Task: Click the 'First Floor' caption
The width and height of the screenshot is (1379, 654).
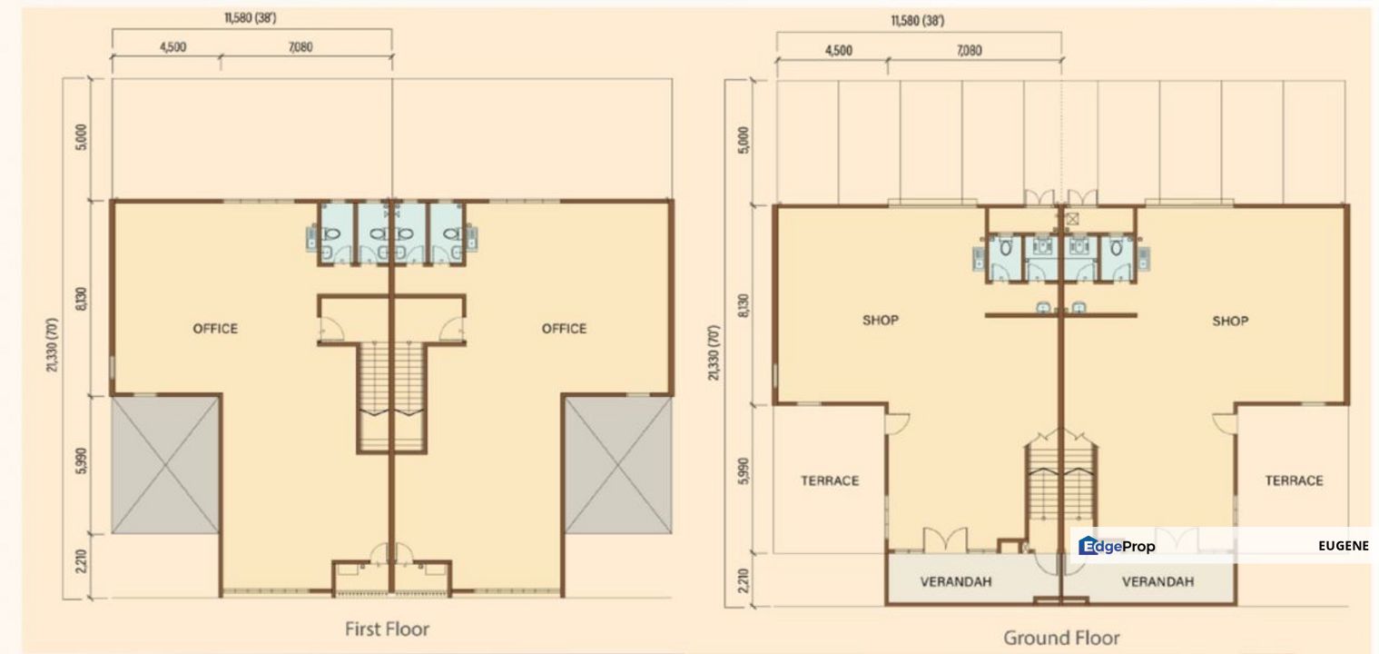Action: (387, 629)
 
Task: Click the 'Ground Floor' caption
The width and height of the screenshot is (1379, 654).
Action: (1061, 638)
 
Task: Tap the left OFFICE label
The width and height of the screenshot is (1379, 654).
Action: (215, 329)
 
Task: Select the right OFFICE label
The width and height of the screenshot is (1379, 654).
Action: (564, 329)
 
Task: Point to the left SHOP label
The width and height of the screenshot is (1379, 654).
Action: (880, 321)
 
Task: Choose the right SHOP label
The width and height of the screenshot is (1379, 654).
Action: (1230, 321)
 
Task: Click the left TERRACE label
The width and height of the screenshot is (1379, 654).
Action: (830, 481)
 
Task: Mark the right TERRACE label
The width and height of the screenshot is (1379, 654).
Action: (1294, 481)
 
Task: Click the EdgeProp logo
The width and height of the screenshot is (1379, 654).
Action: (1117, 546)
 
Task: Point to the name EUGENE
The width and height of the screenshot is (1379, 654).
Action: (1343, 546)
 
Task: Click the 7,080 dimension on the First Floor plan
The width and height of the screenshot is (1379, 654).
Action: (300, 47)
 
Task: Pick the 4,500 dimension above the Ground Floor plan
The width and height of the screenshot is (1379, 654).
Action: (838, 51)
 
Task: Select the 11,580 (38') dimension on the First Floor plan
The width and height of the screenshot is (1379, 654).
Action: (251, 18)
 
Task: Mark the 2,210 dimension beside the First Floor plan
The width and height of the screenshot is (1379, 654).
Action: (81, 564)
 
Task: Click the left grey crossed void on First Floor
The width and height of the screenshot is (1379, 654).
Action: (166, 464)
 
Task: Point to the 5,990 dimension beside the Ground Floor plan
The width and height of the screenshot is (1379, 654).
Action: (744, 475)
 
